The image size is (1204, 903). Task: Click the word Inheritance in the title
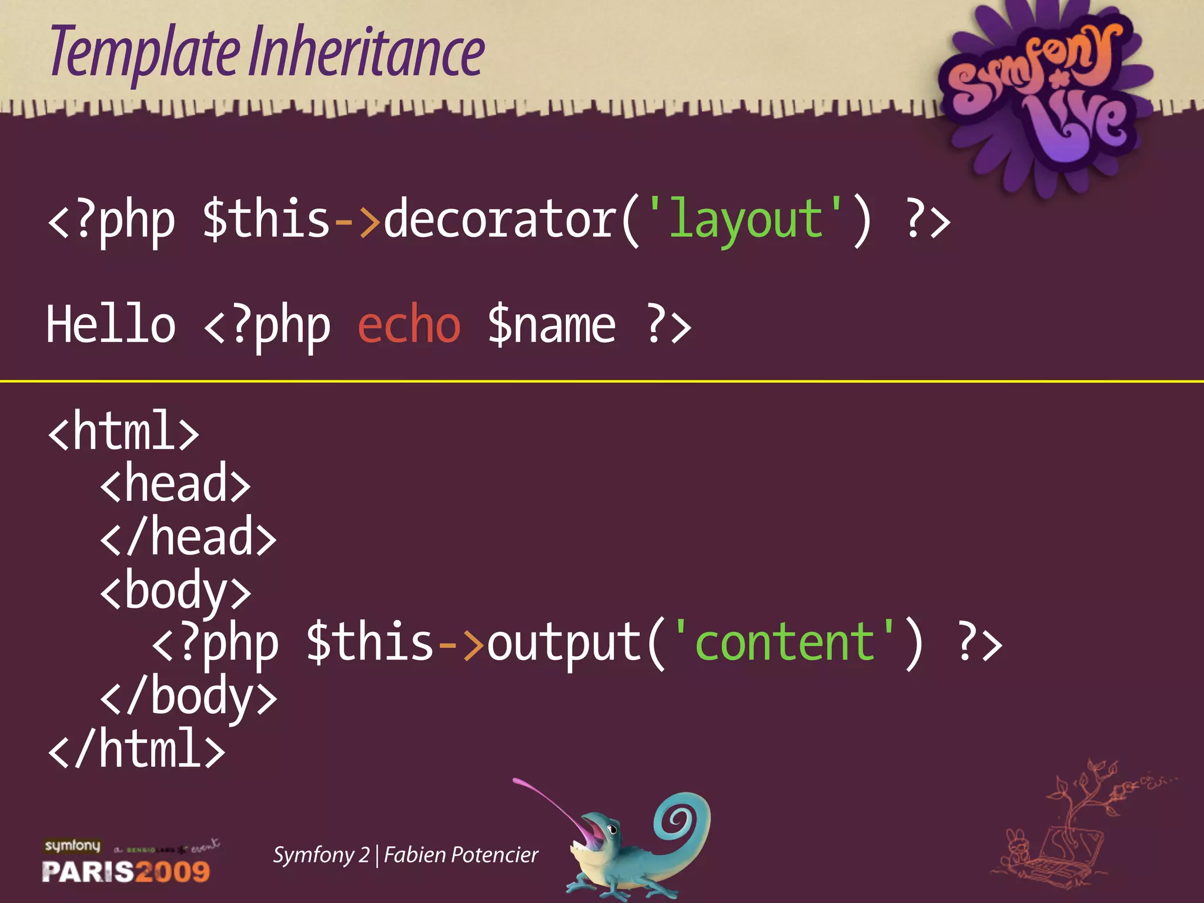[x=366, y=54]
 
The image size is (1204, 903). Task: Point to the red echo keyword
[x=409, y=325]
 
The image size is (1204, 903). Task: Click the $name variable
[x=551, y=325]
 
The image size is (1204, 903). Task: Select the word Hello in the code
[x=111, y=325]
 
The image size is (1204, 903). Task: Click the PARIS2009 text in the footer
[x=126, y=871]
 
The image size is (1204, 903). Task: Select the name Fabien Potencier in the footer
[x=461, y=855]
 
